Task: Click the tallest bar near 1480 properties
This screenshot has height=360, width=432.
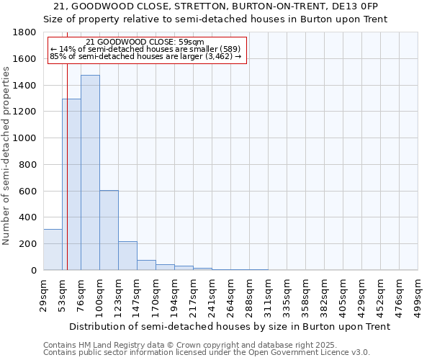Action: pyautogui.click(x=90, y=173)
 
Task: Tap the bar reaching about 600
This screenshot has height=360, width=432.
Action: pyautogui.click(x=109, y=230)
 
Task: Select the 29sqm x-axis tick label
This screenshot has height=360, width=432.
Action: pyautogui.click(x=43, y=294)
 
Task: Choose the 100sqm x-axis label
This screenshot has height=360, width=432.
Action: pyautogui.click(x=99, y=294)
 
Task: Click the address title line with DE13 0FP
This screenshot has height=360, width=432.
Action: pyautogui.click(x=215, y=6)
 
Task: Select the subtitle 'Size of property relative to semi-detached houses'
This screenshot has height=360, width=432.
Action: pyautogui.click(x=215, y=19)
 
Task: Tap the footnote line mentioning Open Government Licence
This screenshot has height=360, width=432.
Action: pyautogui.click(x=207, y=353)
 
